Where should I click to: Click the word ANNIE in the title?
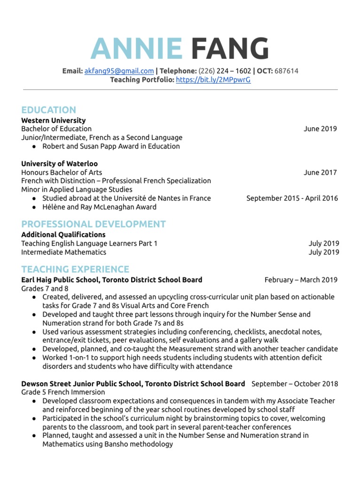[136, 49]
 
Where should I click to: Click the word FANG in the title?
[230, 49]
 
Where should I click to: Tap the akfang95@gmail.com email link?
[119, 71]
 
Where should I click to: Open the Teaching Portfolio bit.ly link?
[213, 80]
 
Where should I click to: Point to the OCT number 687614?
[286, 71]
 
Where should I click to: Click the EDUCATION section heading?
[48, 110]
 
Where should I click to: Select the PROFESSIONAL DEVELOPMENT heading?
[93, 224]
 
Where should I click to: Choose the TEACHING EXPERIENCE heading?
[75, 269]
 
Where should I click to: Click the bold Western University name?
[53, 120]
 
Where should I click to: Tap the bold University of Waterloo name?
[59, 163]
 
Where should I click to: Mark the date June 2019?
[320, 129]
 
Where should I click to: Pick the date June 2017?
[320, 172]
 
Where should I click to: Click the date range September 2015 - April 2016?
[292, 198]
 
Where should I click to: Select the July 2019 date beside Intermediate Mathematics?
[324, 252]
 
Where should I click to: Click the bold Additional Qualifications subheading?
[63, 234]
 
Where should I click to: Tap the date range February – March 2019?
[301, 280]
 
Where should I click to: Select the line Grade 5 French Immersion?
[63, 392]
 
